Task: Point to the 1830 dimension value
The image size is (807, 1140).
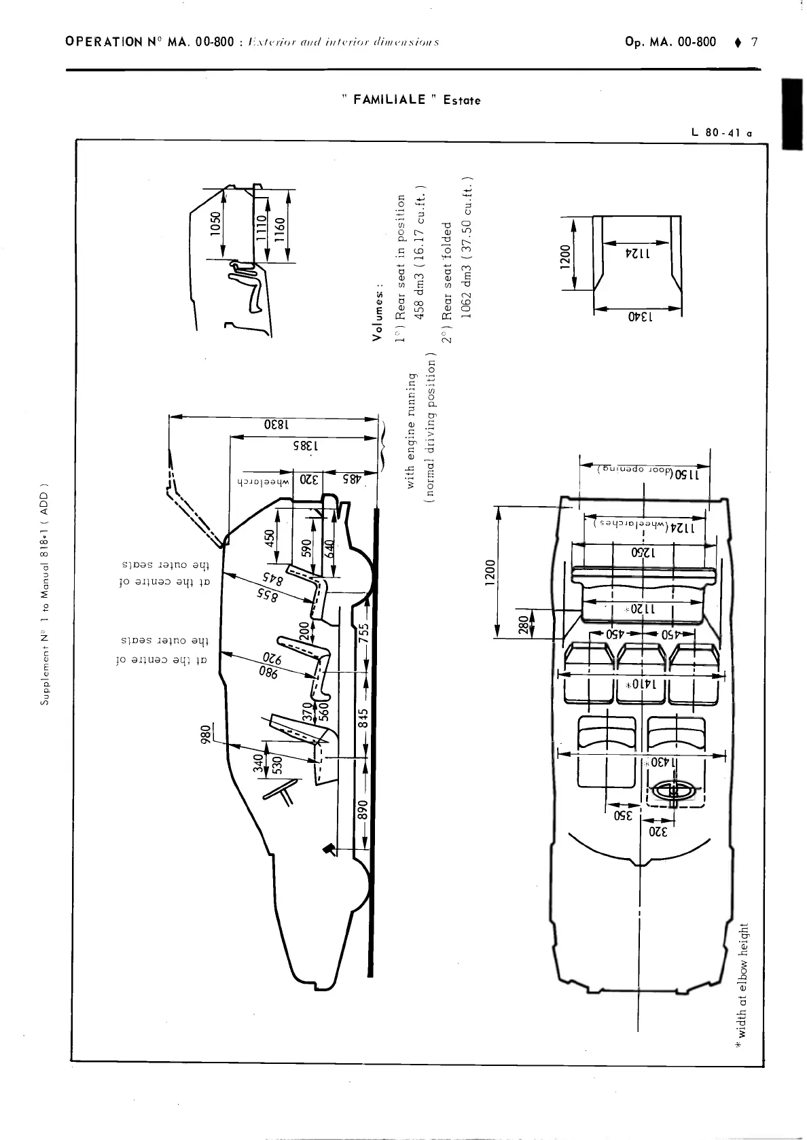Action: [272, 425]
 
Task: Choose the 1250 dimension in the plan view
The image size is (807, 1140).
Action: [641, 552]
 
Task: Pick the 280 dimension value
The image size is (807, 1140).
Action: [522, 623]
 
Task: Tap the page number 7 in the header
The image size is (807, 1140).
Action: [754, 42]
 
